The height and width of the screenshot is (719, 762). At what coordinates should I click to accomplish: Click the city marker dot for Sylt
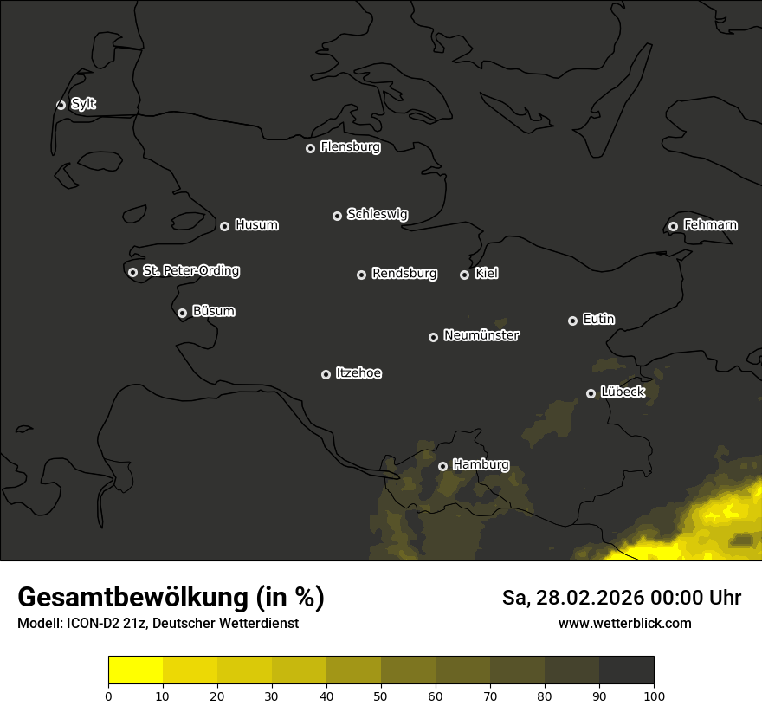pos(61,105)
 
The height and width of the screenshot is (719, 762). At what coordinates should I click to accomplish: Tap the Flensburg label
pos(350,147)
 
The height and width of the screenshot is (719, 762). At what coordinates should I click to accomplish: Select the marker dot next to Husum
pos(224,226)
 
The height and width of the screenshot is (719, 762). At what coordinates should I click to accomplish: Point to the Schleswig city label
pos(377,214)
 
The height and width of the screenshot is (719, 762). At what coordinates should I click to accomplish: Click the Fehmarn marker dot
pos(673,226)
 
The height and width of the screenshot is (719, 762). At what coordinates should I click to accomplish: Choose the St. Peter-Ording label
pos(190,271)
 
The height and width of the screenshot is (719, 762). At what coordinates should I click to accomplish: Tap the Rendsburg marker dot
pos(361,275)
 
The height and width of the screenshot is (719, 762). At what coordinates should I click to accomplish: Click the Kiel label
pos(486,274)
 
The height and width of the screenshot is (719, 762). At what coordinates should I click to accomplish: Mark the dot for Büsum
pos(182,314)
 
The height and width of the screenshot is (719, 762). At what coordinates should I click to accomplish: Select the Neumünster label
pos(481,335)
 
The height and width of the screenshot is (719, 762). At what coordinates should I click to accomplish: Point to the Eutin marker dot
pos(572,321)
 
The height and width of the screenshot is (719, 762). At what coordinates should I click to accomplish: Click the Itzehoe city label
pos(358,373)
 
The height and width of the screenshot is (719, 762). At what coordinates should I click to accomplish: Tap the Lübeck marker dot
pos(591,393)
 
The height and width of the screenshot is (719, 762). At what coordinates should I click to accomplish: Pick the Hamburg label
pos(481,465)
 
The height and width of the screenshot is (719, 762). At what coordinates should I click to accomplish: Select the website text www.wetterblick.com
pos(624,623)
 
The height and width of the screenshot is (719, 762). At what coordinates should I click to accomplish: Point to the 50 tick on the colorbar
pos(381,696)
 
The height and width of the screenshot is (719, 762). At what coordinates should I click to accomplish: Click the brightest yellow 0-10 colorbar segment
pos(135,670)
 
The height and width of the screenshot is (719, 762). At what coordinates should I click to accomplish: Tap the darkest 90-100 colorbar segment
pos(626,670)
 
